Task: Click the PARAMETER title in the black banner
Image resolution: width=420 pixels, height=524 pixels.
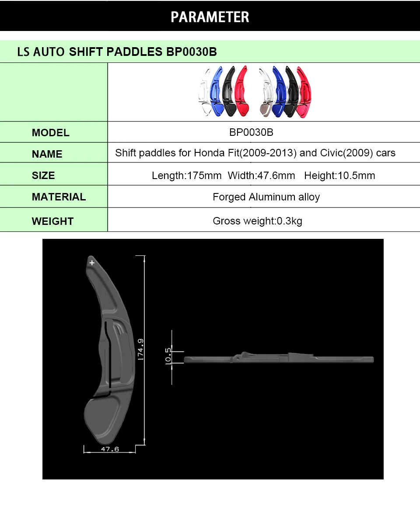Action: coord(210,17)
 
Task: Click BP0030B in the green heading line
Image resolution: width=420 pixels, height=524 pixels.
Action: coord(191,52)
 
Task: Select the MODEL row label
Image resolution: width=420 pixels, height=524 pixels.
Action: coord(51,133)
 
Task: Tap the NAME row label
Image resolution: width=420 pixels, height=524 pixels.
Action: coord(47,154)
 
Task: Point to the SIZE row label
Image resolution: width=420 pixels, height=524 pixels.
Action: coord(43,176)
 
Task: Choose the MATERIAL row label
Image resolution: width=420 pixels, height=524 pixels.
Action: coord(59,197)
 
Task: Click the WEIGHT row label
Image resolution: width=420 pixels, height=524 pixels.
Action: coord(52,221)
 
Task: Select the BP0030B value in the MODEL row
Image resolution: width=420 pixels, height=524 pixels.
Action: coord(251,132)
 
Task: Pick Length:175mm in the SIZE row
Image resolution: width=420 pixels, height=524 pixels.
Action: coord(187,176)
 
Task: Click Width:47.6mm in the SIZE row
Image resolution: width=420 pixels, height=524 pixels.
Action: coord(262,176)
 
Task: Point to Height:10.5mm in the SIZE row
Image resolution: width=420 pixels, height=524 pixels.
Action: coord(339,176)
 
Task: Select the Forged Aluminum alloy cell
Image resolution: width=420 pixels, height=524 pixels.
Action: coord(266,197)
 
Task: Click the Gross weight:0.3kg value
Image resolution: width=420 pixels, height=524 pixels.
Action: coord(257,221)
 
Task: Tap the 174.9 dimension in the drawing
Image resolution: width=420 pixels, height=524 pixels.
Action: coord(141,349)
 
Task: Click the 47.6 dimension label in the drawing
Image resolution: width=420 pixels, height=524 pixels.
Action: coord(109,449)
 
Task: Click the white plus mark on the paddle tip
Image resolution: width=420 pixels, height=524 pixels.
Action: coord(92,263)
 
